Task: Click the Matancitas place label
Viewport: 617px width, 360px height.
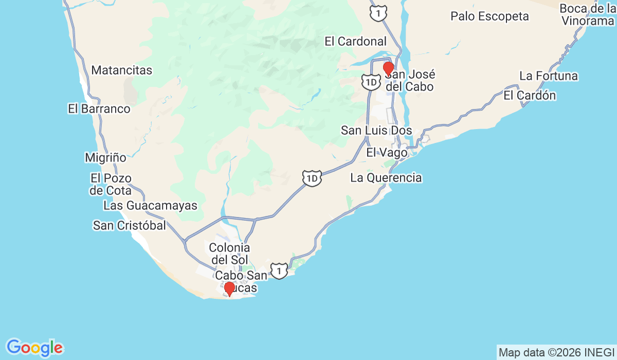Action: pyautogui.click(x=122, y=70)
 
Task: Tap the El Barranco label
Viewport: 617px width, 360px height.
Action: pyautogui.click(x=99, y=109)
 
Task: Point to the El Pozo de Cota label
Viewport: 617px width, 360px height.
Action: pyautogui.click(x=111, y=184)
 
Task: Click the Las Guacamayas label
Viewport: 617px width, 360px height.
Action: pyautogui.click(x=150, y=206)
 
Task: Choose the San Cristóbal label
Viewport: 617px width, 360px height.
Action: pyautogui.click(x=130, y=225)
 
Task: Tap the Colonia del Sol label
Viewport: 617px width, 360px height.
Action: pyautogui.click(x=229, y=254)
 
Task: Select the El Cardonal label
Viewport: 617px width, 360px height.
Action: pyautogui.click(x=355, y=42)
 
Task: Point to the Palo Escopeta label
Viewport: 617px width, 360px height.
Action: pyautogui.click(x=489, y=16)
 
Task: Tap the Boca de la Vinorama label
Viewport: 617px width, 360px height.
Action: pyautogui.click(x=587, y=15)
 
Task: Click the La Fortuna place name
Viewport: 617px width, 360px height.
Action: pyautogui.click(x=549, y=76)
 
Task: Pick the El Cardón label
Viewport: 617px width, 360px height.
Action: pyautogui.click(x=530, y=96)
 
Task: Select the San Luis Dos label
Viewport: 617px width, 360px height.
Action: pyautogui.click(x=376, y=131)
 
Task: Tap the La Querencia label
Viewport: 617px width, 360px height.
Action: pyautogui.click(x=386, y=178)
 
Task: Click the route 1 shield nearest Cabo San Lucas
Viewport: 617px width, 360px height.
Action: pyautogui.click(x=279, y=271)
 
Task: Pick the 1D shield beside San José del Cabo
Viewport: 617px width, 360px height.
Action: pyautogui.click(x=370, y=81)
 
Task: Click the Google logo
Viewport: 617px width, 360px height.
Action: pyautogui.click(x=34, y=348)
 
